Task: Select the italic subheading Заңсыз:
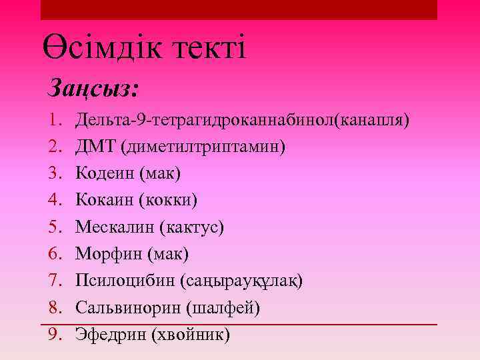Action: [x=93, y=88]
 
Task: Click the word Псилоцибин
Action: [x=125, y=281]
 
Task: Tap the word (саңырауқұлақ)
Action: [x=241, y=281]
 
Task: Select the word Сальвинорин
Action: [x=129, y=307]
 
